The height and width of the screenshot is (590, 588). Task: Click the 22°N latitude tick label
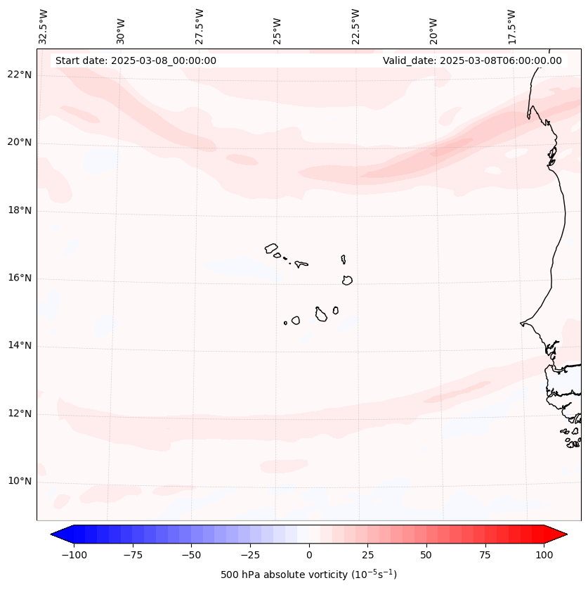(x=20, y=75)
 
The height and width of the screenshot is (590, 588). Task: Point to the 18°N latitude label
(x=20, y=210)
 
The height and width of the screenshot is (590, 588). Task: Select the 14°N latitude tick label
(x=20, y=346)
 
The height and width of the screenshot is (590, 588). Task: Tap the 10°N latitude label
(x=20, y=482)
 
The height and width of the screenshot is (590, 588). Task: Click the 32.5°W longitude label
(x=44, y=26)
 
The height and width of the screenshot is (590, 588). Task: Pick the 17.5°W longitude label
(x=511, y=26)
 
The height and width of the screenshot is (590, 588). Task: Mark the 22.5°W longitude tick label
(x=355, y=26)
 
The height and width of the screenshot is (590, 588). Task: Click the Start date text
(x=136, y=60)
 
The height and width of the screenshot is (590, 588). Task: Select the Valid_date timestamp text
(x=472, y=60)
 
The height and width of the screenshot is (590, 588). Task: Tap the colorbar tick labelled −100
(x=74, y=555)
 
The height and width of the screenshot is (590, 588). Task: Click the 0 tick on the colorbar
(x=309, y=555)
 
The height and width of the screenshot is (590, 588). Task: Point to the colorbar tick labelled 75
(x=485, y=555)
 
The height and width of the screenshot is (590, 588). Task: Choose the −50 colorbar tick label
(x=191, y=555)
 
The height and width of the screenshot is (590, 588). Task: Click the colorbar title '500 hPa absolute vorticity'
(x=308, y=575)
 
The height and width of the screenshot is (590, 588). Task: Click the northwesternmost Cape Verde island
(x=271, y=248)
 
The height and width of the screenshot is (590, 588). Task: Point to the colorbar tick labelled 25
(x=367, y=555)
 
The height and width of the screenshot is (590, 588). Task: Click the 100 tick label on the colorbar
(x=544, y=555)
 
